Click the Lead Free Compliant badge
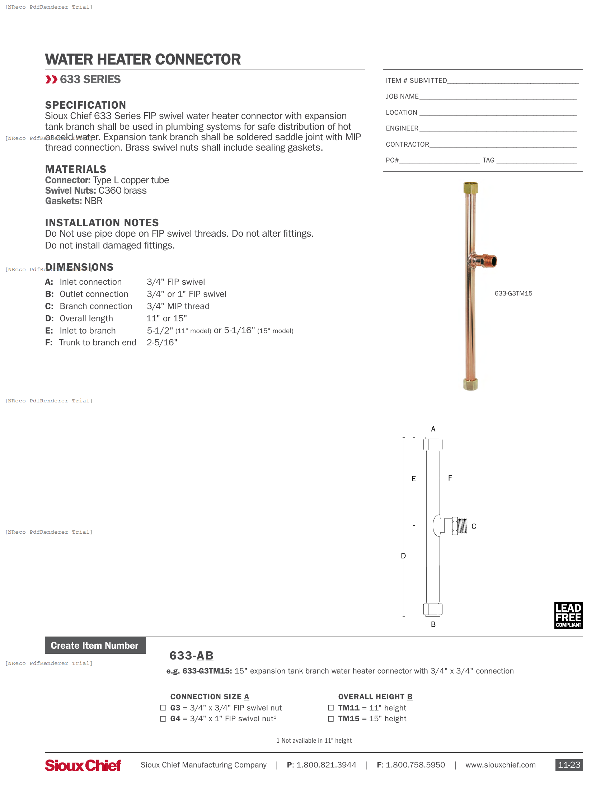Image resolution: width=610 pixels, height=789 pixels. [568, 615]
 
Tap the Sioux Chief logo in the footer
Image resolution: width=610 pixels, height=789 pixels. [83, 765]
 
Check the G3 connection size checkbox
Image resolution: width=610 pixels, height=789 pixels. [163, 708]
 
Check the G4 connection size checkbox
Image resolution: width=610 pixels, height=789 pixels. [163, 719]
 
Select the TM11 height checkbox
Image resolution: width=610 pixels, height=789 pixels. [331, 708]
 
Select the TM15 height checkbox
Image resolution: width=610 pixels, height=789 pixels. [331, 719]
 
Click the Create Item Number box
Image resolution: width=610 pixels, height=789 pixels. [95, 645]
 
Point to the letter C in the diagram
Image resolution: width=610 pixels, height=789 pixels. [474, 527]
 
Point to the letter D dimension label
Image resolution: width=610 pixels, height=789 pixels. [403, 556]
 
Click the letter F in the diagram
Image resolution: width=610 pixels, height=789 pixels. [450, 478]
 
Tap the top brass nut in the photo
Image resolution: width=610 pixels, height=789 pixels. [470, 188]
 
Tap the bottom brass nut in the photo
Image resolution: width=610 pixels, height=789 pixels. [470, 384]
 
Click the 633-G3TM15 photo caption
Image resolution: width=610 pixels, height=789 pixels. [513, 293]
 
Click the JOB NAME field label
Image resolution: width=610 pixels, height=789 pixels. [402, 96]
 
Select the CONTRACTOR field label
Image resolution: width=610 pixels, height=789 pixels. [407, 145]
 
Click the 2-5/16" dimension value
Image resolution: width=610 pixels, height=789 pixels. [162, 342]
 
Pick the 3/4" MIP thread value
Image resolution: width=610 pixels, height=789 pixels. [178, 306]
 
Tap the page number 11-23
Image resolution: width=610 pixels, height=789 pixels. [569, 765]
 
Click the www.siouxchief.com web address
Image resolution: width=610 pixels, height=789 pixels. [500, 765]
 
